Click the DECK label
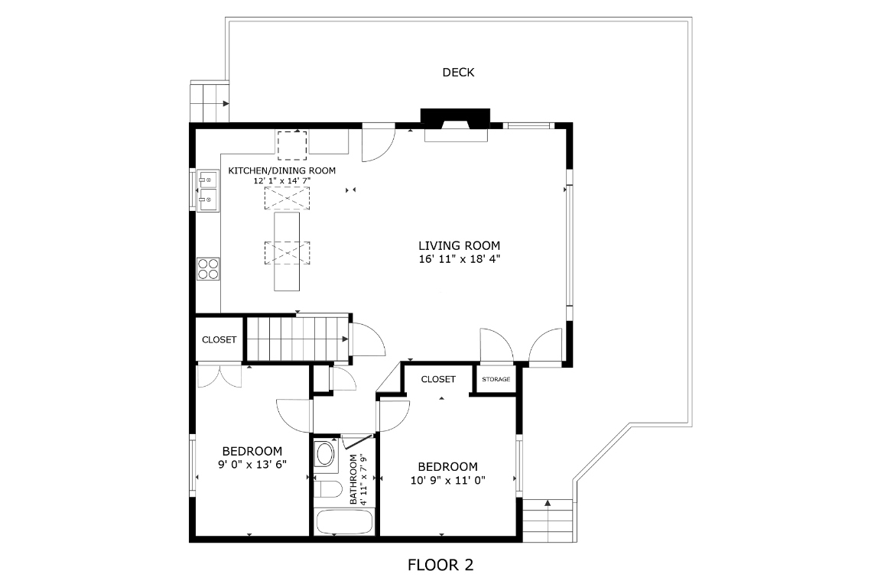(458, 73)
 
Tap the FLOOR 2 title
(440, 566)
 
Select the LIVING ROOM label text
(459, 245)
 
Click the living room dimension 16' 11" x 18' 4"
(459, 259)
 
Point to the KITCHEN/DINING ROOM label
(281, 170)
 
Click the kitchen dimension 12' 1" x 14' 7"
(281, 181)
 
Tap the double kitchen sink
(206, 190)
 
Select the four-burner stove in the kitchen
(207, 268)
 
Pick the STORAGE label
(496, 379)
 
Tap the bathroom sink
(325, 454)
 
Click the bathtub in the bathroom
(344, 524)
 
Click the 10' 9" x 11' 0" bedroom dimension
(447, 480)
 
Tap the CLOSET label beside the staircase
(219, 339)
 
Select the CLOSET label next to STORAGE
(438, 379)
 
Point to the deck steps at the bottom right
(548, 520)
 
